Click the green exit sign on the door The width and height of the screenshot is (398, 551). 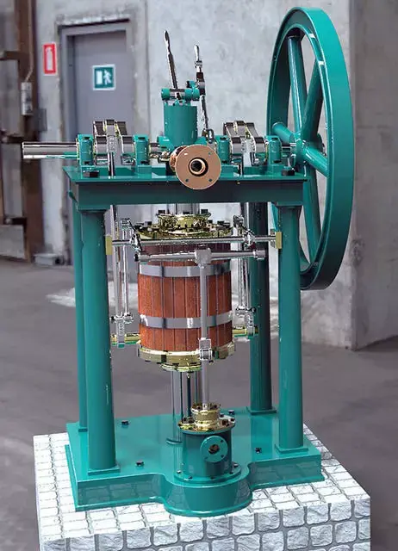click(x=103, y=77)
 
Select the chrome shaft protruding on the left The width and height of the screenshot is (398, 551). click(x=48, y=150)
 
